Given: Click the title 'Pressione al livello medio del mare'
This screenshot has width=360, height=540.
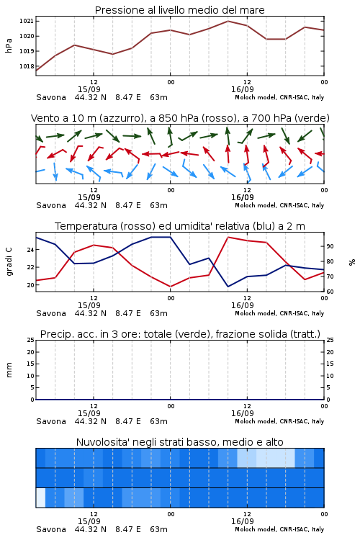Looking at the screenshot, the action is (x=179, y=10).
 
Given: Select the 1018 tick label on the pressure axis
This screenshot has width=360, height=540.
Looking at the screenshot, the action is (x=26, y=66).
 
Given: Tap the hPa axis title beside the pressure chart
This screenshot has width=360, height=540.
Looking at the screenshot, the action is (x=9, y=45).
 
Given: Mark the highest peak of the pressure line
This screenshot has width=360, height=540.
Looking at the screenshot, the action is (x=228, y=21).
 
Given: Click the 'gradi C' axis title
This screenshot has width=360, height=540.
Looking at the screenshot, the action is (x=9, y=262).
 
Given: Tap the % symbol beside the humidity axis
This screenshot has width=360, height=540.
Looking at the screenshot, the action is (x=352, y=262).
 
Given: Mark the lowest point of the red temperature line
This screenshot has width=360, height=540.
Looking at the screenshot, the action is (x=170, y=287).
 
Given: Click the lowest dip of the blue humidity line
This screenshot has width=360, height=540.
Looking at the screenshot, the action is (x=228, y=287).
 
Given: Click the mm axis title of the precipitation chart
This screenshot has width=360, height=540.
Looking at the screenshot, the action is (x=9, y=370).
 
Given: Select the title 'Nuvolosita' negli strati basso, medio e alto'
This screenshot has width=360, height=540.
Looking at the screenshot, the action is (x=179, y=442).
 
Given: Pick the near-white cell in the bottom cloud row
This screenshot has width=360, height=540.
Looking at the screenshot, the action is (x=40, y=498).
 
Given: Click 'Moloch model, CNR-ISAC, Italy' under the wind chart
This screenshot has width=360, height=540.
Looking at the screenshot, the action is (x=279, y=205).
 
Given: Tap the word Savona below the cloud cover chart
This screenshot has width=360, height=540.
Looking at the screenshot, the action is (x=51, y=529).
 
